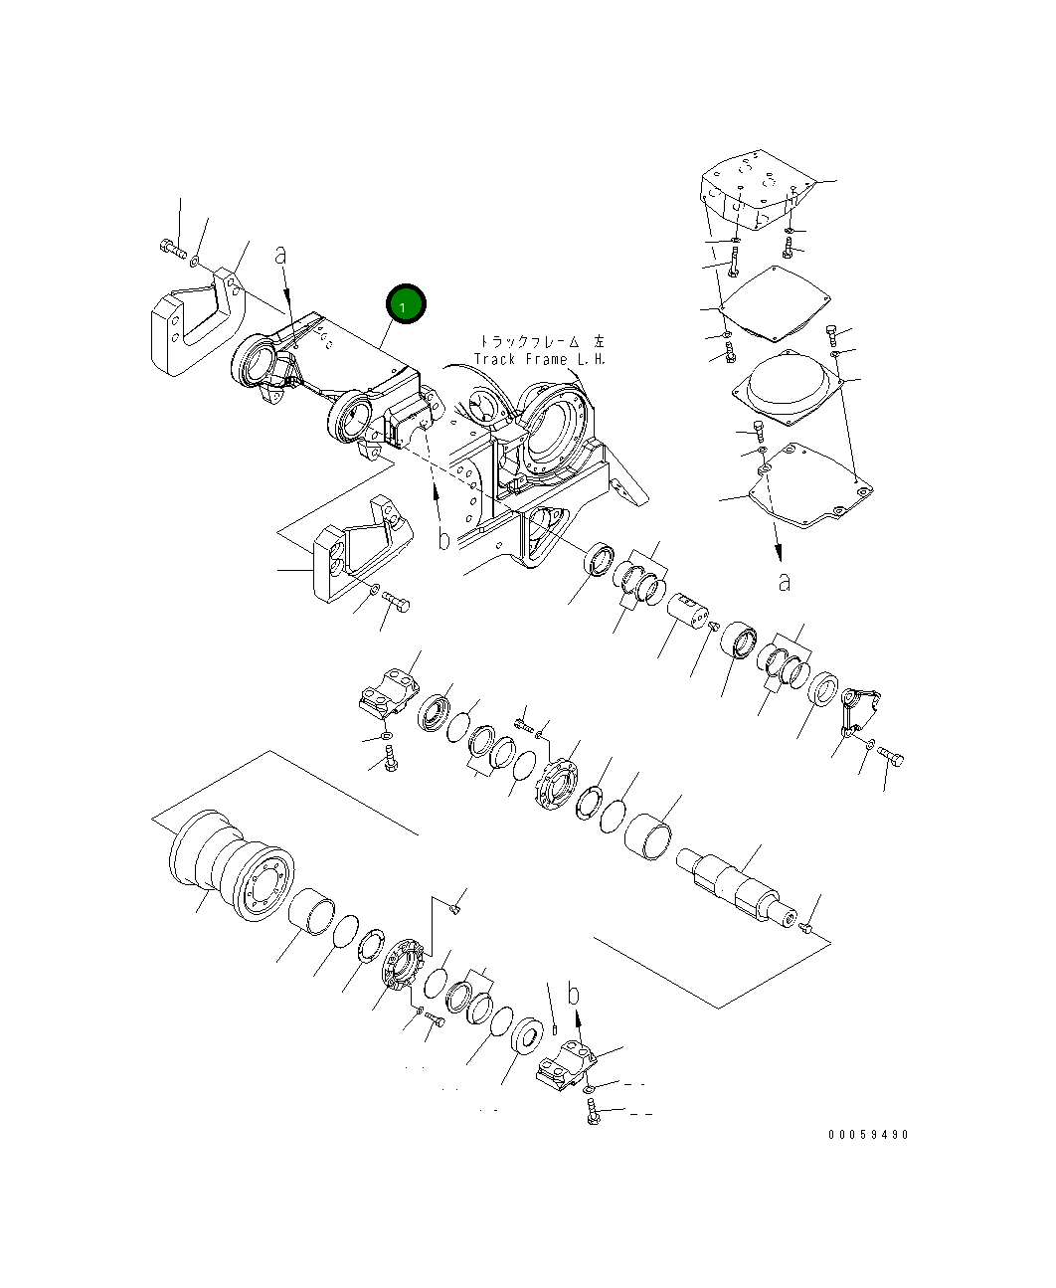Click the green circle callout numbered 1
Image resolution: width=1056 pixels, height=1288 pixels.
406,306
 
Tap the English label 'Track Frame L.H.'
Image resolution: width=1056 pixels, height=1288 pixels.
539,359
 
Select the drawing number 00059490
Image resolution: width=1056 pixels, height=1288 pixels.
867,1135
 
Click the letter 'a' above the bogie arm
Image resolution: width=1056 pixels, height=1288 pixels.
281,256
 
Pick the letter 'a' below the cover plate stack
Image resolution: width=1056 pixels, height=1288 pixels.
785,581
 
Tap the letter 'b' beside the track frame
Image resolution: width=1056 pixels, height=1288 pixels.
444,539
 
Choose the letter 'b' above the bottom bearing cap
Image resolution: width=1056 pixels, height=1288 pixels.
573,993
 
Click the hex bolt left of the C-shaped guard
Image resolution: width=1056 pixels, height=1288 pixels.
170,249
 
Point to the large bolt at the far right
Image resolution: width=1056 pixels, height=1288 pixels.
891,758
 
